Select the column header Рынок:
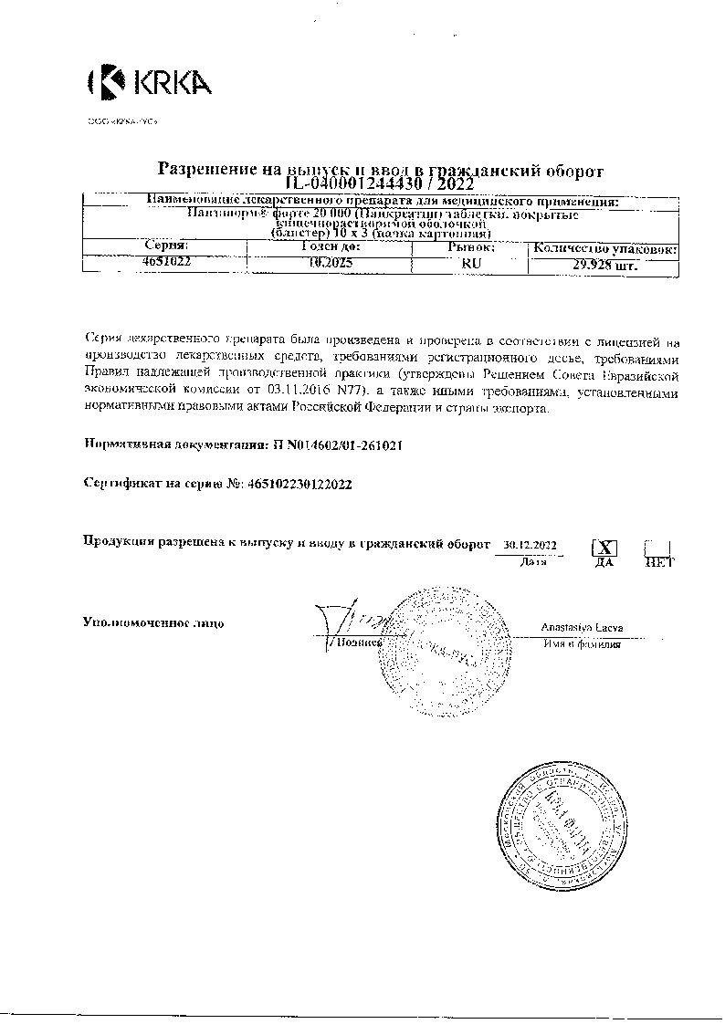(x=471, y=246)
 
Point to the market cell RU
(x=471, y=263)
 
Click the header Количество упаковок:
(x=604, y=247)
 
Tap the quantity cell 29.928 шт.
(x=604, y=266)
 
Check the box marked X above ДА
(x=604, y=548)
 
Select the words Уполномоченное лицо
(x=152, y=623)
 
